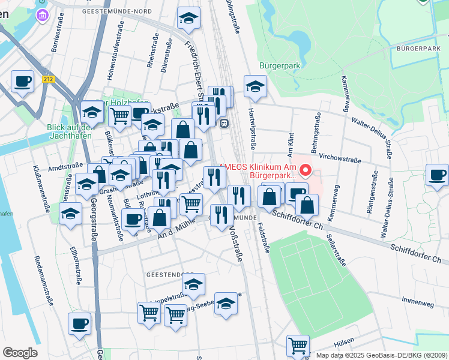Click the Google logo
point(20,353)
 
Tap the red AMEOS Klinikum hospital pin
point(306,171)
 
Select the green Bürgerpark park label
point(279,65)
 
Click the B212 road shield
point(49,79)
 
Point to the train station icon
point(224,123)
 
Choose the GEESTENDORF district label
point(166,274)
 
